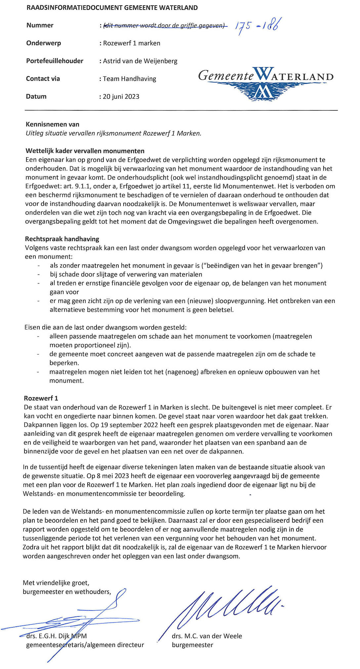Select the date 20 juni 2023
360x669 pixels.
(x=121, y=96)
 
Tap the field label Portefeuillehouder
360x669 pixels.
(x=55, y=61)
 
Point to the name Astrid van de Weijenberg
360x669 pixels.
(x=140, y=61)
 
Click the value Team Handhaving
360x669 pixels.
(x=129, y=79)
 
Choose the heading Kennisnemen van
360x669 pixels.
(x=53, y=125)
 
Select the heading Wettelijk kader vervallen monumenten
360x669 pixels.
(x=85, y=151)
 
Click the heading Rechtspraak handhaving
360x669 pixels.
(x=62, y=239)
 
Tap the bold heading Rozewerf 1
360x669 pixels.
(x=41, y=398)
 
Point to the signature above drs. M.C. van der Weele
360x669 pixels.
(x=228, y=605)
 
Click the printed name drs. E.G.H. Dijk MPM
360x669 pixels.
(x=57, y=636)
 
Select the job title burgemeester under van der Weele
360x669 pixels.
(x=192, y=645)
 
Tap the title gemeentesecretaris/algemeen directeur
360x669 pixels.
(x=85, y=645)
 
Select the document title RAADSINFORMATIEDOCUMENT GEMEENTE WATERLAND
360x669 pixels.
(x=112, y=8)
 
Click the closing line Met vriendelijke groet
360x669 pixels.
(x=56, y=583)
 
